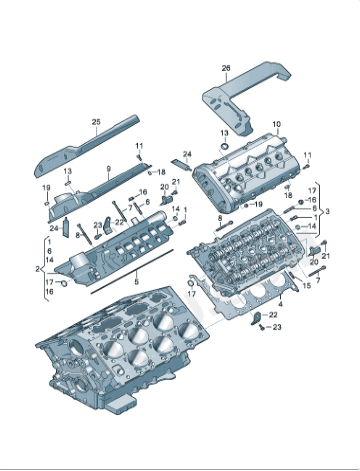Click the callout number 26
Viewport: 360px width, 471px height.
point(225,68)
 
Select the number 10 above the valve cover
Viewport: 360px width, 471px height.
point(276,124)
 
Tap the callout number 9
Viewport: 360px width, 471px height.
point(109,171)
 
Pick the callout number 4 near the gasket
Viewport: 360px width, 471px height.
point(281,302)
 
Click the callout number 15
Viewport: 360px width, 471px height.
point(307,285)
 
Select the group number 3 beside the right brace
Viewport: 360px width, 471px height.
point(326,211)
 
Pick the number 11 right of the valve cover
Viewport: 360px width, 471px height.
point(307,155)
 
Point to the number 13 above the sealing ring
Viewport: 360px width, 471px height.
point(224,133)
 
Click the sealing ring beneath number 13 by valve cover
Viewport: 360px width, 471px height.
point(225,147)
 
